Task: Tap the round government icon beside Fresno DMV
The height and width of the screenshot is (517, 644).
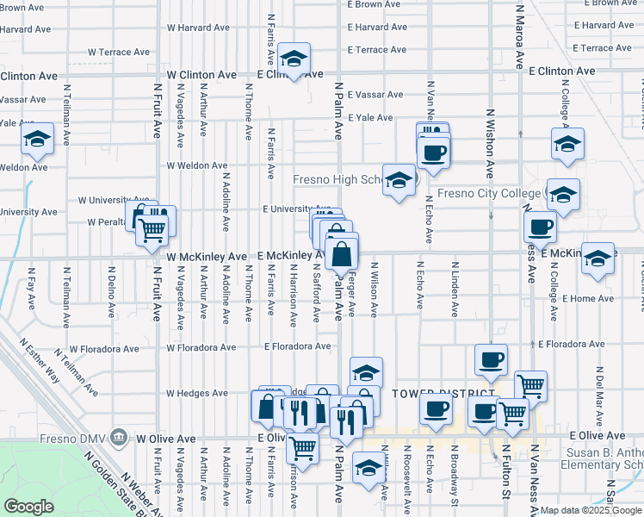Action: [x=120, y=438]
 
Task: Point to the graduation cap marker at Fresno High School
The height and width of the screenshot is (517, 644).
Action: [x=399, y=180]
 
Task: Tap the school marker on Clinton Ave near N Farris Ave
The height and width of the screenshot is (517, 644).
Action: [x=294, y=59]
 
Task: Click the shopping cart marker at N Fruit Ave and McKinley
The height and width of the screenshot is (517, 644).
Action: [x=152, y=229]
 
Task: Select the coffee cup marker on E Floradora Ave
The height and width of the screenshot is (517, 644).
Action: [x=491, y=360]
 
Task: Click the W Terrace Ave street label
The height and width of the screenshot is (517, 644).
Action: [x=117, y=52]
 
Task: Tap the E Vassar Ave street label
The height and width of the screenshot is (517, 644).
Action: [x=375, y=95]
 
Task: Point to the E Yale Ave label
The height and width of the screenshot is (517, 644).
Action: [x=370, y=118]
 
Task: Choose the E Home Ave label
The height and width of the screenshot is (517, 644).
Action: [x=588, y=298]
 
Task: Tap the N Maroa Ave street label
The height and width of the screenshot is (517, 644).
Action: [x=519, y=39]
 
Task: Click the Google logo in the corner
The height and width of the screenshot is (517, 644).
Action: [x=28, y=507]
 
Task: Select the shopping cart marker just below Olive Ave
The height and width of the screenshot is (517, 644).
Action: [x=302, y=447]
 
